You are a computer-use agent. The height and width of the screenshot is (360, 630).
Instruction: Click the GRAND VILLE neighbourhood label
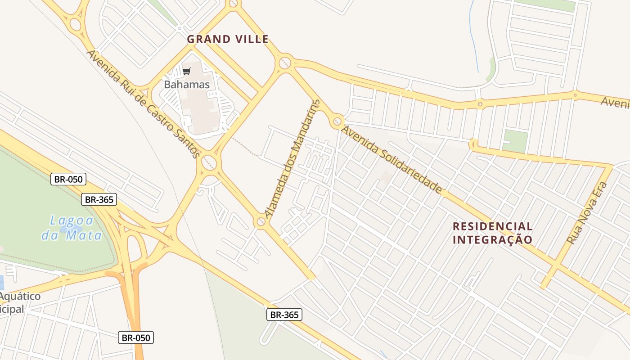click(228, 39)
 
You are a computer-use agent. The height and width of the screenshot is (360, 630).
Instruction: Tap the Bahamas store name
click(187, 84)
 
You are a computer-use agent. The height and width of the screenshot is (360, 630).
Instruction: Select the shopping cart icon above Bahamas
click(187, 71)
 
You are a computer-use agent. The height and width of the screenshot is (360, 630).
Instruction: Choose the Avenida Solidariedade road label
click(391, 160)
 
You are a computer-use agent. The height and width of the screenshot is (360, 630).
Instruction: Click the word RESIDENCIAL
click(492, 226)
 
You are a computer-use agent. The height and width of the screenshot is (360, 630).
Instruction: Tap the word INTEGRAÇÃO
click(492, 240)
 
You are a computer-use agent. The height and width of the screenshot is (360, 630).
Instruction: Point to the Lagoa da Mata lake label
click(72, 228)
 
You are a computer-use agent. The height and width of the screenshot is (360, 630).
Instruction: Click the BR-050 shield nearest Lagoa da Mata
click(68, 179)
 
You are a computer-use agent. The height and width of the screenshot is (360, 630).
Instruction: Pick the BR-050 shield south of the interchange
click(136, 337)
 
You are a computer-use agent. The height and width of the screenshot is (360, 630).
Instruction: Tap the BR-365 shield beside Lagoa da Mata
click(99, 199)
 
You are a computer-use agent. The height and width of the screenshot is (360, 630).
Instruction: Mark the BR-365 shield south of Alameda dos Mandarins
click(284, 315)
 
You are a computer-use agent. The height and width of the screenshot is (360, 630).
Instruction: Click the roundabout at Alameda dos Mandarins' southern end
click(261, 221)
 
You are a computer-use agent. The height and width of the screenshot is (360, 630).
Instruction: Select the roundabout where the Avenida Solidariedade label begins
click(337, 121)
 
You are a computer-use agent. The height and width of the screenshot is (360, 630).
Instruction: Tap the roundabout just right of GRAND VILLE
click(285, 62)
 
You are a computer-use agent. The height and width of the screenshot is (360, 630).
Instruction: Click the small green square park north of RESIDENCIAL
click(515, 141)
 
